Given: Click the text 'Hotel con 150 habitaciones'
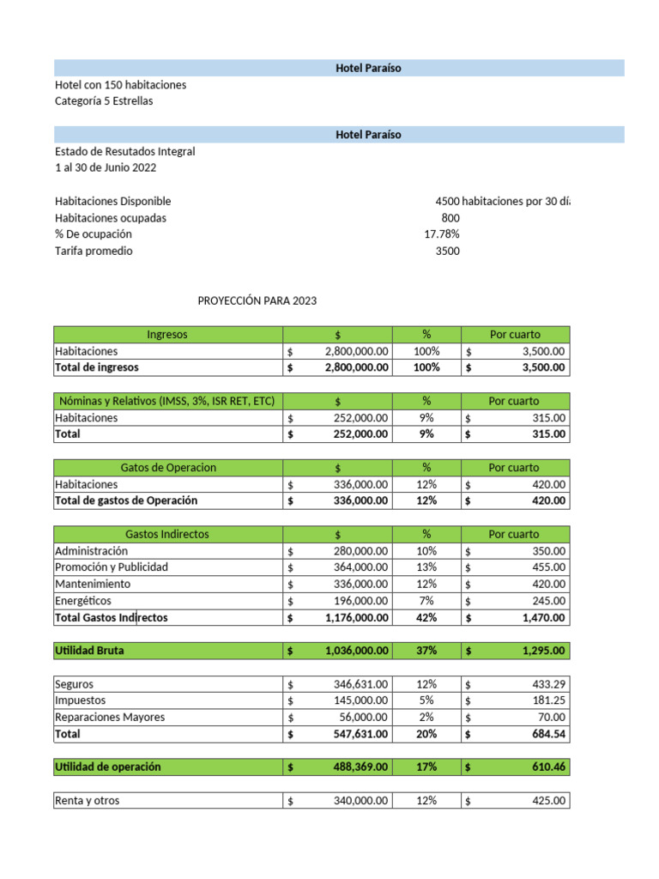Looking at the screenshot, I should click(120, 85).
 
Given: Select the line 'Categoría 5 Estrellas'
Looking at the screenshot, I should click(104, 101).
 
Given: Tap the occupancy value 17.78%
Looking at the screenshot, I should click(442, 234).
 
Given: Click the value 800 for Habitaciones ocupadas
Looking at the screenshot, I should click(450, 218).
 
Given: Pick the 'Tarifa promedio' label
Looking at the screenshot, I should click(94, 252).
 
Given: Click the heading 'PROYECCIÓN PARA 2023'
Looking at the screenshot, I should click(257, 301).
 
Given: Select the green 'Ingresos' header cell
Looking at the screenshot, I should click(167, 335).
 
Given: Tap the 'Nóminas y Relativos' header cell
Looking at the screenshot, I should click(167, 401).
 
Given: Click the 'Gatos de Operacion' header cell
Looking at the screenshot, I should click(168, 468).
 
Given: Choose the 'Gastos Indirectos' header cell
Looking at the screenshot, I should click(167, 534).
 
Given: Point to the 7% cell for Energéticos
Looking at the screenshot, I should click(426, 601).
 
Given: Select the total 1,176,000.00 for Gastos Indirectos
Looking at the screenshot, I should click(356, 617).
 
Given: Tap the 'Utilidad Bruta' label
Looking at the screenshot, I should click(89, 651).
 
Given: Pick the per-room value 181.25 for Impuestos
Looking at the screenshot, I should click(547, 700).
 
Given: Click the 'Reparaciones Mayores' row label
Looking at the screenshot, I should click(110, 718).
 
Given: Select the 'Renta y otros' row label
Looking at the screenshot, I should click(88, 801).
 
